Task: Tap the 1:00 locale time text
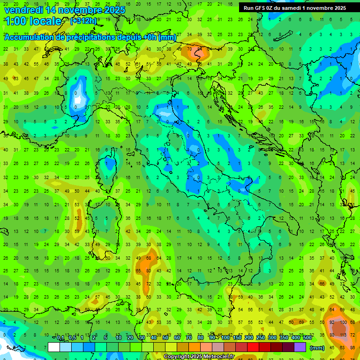pos(32,21)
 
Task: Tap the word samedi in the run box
pos(291,8)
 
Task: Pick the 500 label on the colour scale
pos(307,337)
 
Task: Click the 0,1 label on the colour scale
pos(60,337)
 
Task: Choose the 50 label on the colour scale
pos(166,337)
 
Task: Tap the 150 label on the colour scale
pos(237,337)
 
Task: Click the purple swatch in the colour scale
pos(300,347)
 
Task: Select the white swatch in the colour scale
pos(54,347)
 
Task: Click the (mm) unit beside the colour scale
pos(317,347)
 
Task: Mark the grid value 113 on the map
pos(344,335)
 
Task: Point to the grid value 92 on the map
pos(332,322)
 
